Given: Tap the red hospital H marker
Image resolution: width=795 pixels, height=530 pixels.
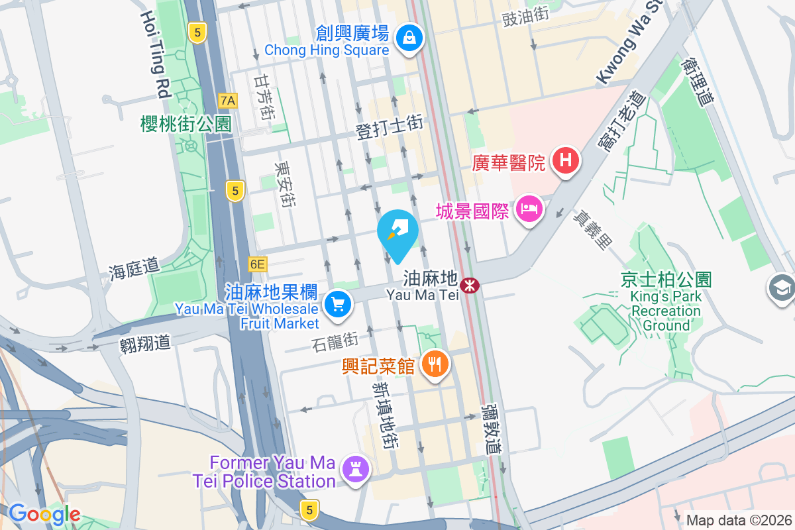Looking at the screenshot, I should [566, 161].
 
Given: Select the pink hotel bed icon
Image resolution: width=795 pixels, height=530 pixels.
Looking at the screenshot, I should [529, 210].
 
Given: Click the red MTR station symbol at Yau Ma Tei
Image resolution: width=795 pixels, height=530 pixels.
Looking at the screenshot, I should [470, 286].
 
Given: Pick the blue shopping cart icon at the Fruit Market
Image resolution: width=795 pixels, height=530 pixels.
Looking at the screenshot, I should [338, 305].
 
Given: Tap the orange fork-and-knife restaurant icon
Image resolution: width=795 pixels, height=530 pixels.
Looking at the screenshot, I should [435, 364].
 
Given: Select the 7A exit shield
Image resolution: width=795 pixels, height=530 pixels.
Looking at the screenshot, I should [228, 101].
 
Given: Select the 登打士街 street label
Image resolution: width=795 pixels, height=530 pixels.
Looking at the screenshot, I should [390, 127].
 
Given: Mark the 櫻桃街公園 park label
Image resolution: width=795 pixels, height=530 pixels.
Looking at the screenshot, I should [185, 123].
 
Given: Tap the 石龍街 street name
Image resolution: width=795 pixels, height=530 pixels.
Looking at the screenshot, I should [335, 342].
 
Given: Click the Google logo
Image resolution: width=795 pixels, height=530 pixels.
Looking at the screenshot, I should [44, 513].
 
